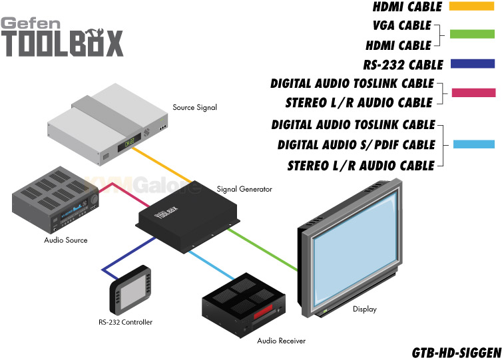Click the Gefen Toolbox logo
pyautogui.click(x=62, y=37)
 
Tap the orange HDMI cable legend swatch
pyautogui.click(x=471, y=6)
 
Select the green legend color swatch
pyautogui.click(x=472, y=34)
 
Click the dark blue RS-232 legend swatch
pyautogui.click(x=473, y=64)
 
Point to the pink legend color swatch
pyautogui.click(x=473, y=92)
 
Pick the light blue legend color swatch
pyautogui.click(x=474, y=144)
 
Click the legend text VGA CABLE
pyautogui.click(x=401, y=25)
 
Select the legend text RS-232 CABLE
pyautogui.click(x=403, y=65)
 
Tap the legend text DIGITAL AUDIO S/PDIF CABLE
pyautogui.click(x=356, y=145)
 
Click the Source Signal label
pyautogui.click(x=195, y=107)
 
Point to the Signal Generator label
pyautogui.click(x=244, y=189)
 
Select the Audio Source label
pyautogui.click(x=66, y=240)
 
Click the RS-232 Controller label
pyautogui.click(x=125, y=322)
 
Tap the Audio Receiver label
pyautogui.click(x=281, y=341)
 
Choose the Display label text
pyautogui.click(x=365, y=309)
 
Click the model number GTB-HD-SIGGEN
pyautogui.click(x=457, y=353)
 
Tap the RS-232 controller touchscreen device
pyautogui.click(x=130, y=289)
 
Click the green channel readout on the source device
pyautogui.click(x=130, y=142)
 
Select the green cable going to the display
pyautogui.click(x=262, y=250)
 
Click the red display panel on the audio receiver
pyautogui.click(x=263, y=311)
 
